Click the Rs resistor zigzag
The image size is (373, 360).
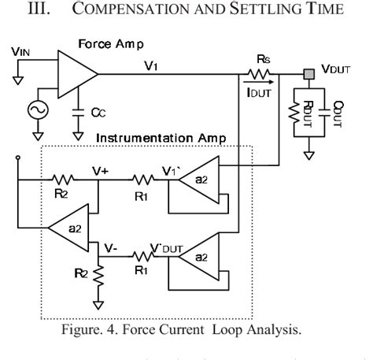pos(262,74)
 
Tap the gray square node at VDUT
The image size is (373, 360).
pos(308,73)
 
